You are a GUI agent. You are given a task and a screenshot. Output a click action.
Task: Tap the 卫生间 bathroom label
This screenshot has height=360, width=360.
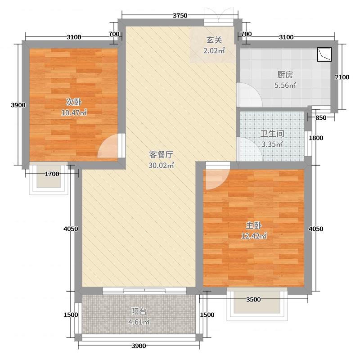[x=272, y=134]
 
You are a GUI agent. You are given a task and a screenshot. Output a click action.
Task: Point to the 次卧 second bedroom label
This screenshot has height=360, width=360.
[x=74, y=102]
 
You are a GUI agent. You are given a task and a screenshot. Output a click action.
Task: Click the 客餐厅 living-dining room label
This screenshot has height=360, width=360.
[x=161, y=155]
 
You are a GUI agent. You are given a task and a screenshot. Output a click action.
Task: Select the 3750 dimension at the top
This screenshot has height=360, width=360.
[x=180, y=16]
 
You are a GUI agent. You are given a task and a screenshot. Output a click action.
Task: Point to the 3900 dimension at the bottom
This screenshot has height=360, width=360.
[x=139, y=346]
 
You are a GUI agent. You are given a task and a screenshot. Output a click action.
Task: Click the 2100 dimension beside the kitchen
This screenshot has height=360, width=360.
[x=342, y=77]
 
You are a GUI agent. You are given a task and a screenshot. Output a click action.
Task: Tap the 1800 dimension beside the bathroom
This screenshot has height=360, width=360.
[x=316, y=138]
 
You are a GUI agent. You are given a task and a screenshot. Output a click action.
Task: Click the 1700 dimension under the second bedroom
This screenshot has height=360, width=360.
[x=52, y=174]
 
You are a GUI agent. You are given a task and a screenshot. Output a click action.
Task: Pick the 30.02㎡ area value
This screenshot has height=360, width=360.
[x=162, y=165]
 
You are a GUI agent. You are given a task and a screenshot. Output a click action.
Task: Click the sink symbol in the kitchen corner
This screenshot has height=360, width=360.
[x=324, y=54]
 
